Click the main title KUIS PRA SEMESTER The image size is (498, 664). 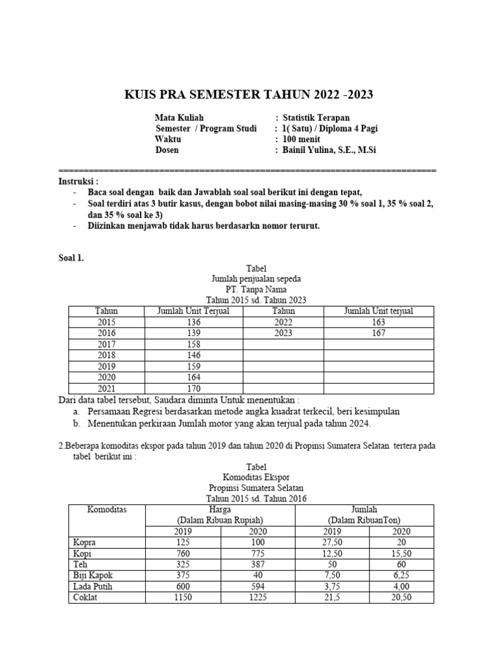(248, 96)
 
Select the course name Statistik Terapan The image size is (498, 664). (316, 117)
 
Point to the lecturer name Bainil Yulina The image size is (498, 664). (329, 150)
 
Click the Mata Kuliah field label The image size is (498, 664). (179, 117)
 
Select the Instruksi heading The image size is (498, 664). (78, 181)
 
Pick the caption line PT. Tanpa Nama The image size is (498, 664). (255, 289)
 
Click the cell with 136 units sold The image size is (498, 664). (193, 322)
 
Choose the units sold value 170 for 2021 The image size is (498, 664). (193, 388)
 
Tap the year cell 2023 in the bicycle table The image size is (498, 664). (283, 333)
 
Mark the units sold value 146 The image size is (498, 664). (193, 355)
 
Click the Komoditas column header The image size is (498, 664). (107, 510)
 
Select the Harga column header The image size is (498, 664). (220, 510)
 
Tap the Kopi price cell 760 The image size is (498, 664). (184, 553)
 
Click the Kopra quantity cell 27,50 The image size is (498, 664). (332, 542)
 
